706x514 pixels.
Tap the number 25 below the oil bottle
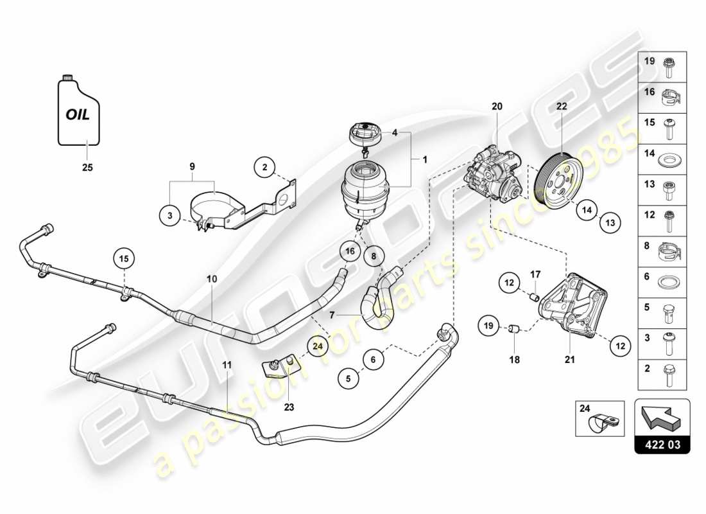click(x=87, y=168)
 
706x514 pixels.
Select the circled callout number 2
click(x=264, y=168)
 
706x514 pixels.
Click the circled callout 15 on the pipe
click(x=125, y=259)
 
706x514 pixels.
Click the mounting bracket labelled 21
click(x=573, y=305)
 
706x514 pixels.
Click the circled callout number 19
click(x=488, y=328)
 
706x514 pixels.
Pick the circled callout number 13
click(x=610, y=223)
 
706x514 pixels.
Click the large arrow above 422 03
click(x=661, y=418)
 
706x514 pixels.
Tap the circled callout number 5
click(x=349, y=379)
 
